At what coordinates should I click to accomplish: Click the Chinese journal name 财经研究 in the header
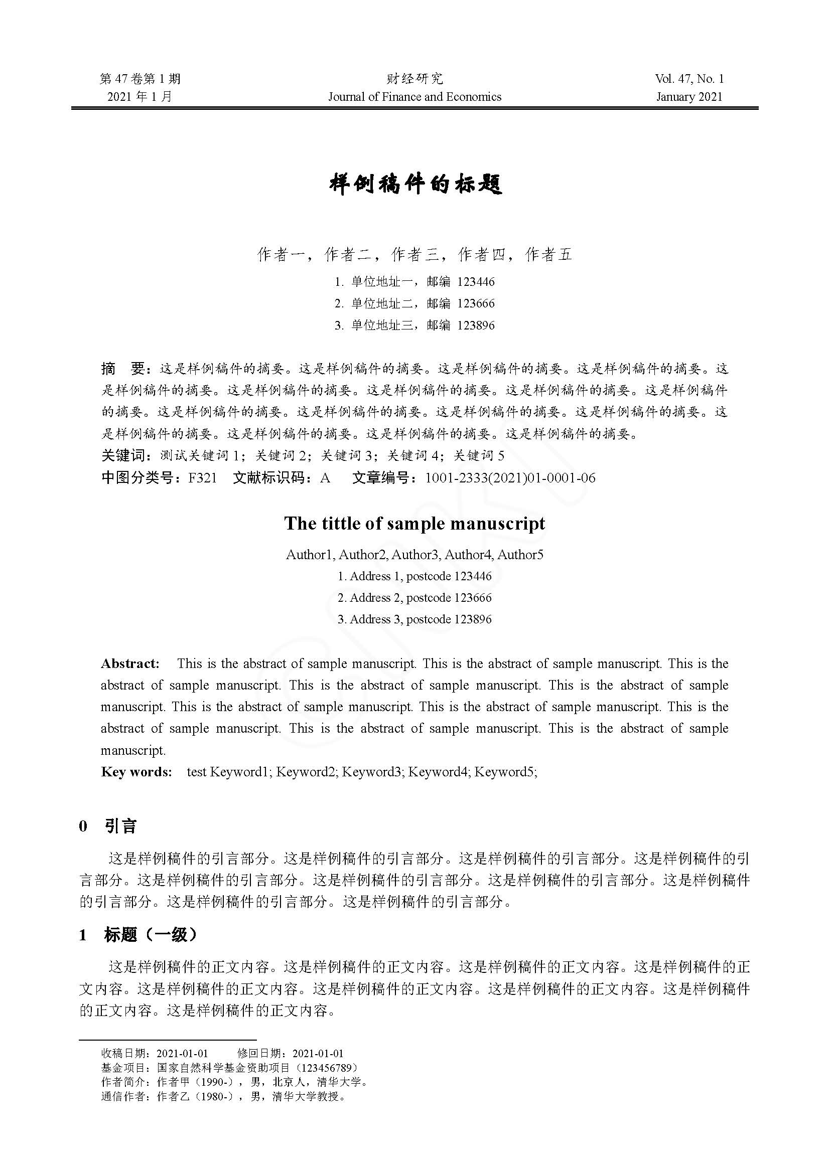tap(414, 79)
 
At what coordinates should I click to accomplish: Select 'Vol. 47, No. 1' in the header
tap(689, 79)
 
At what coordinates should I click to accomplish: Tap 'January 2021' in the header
tap(689, 97)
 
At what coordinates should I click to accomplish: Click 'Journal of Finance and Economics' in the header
tap(414, 97)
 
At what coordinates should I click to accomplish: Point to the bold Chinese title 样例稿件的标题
tap(415, 185)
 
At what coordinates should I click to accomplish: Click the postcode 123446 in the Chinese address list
tap(476, 282)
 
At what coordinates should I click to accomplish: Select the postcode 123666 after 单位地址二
tap(476, 303)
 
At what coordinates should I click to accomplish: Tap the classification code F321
tap(202, 478)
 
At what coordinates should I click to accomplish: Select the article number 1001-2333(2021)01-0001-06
tap(510, 478)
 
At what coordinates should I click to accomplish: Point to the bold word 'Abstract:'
tap(130, 663)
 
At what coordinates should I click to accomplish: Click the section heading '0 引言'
tap(108, 826)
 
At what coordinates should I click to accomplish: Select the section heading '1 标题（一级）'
tap(138, 935)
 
